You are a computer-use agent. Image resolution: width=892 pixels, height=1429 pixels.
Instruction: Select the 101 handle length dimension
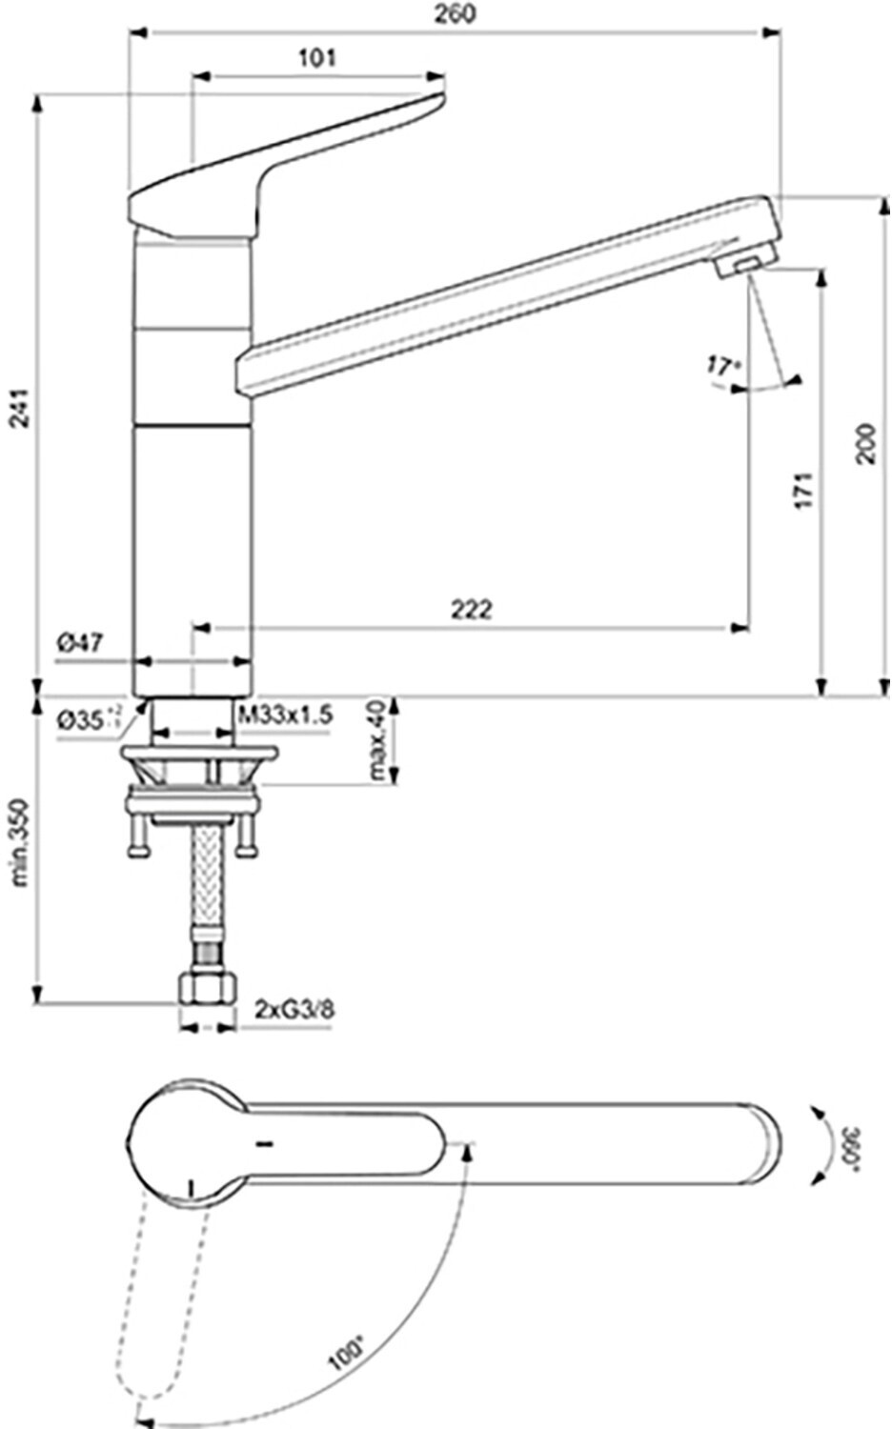click(x=317, y=58)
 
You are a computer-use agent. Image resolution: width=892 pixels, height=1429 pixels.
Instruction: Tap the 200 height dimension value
click(x=865, y=443)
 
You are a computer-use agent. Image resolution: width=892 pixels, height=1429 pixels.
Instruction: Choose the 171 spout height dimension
click(x=805, y=489)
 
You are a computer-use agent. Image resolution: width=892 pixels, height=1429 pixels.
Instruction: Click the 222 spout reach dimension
click(x=471, y=609)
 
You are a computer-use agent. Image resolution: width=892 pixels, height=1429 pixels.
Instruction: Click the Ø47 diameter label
click(x=80, y=643)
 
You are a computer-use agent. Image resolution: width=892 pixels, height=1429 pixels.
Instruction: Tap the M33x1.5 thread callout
click(x=285, y=715)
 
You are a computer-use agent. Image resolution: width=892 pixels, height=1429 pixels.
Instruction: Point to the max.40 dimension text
click(x=380, y=740)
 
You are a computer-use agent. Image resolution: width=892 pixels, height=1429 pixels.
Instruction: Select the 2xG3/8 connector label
click(x=294, y=1008)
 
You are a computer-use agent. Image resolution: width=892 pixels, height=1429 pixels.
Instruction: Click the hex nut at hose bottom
click(x=207, y=991)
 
